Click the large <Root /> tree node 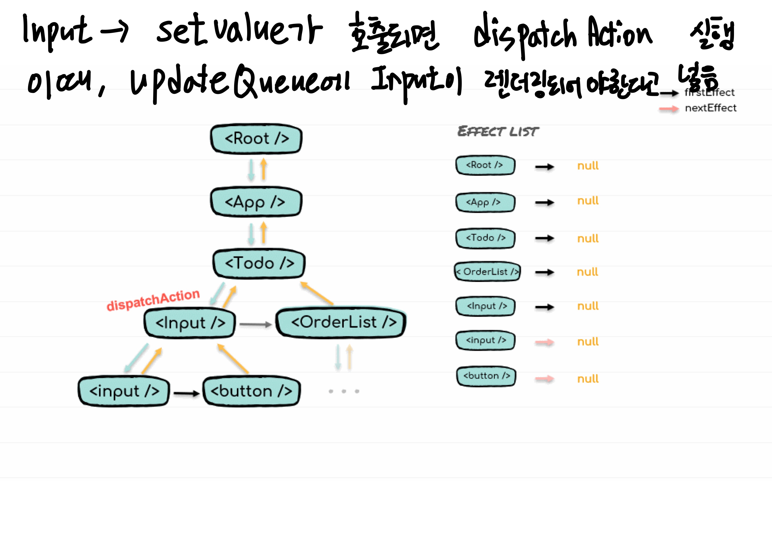coord(256,139)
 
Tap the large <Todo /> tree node coord(259,263)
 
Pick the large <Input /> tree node coord(190,323)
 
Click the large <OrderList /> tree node coord(341,322)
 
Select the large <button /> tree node coord(251,391)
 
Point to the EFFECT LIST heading coord(498,131)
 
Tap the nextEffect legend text coord(710,108)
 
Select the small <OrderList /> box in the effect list coord(487,271)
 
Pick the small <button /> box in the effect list coord(486,376)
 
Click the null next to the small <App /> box coord(588,201)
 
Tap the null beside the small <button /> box coord(588,379)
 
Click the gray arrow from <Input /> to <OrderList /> coord(255,324)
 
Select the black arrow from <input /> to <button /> coord(186,393)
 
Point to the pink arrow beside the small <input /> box coord(544,342)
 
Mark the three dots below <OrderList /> coord(344,391)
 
